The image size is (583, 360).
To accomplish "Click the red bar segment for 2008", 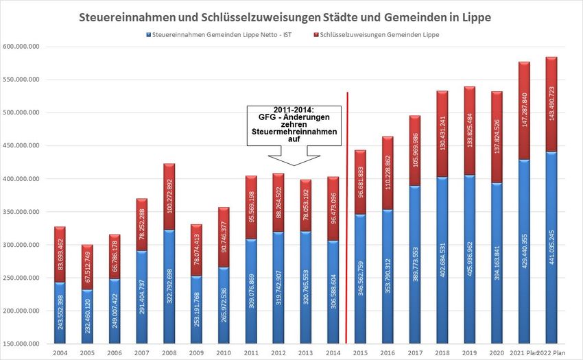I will [x=168, y=196].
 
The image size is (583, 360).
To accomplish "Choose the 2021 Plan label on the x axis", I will [x=523, y=352].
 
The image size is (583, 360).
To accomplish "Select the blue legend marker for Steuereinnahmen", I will [x=147, y=34].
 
